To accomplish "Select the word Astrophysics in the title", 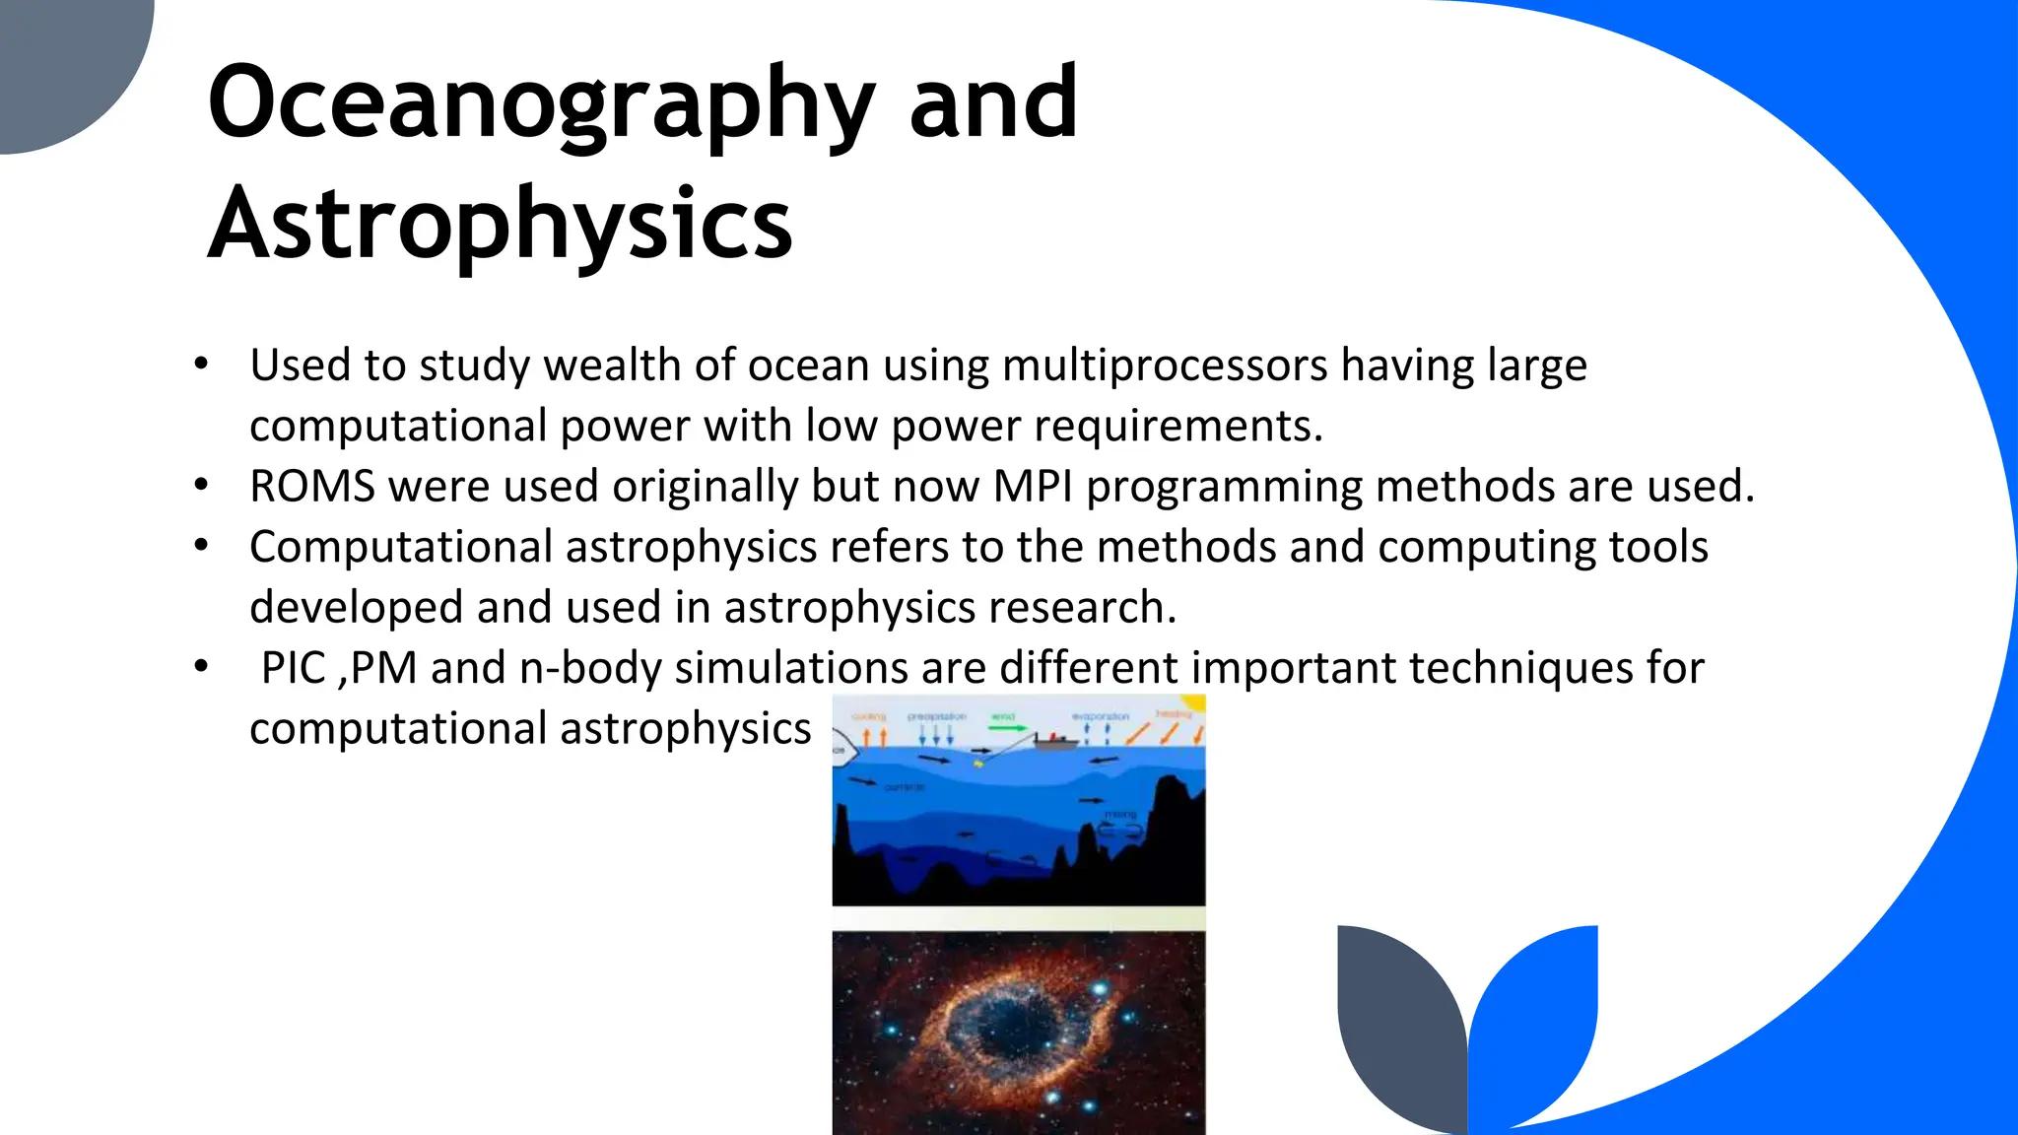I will coord(501,227).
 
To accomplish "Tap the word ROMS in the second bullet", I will coord(312,486).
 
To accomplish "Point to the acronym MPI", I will coord(1033,486).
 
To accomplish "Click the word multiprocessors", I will coord(1165,366).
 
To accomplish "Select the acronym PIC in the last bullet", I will coord(293,668).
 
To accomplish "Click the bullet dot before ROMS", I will coord(202,485).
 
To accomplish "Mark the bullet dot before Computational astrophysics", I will coord(202,545).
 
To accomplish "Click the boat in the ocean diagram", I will coord(1052,740).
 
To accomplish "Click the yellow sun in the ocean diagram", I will coord(1194,702).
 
